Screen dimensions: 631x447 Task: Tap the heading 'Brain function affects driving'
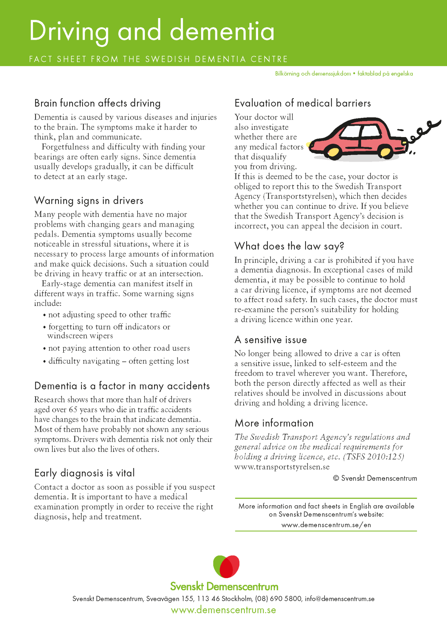click(97, 103)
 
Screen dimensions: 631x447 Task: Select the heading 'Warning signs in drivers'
click(89, 200)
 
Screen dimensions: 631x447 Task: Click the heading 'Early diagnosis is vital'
click(85, 473)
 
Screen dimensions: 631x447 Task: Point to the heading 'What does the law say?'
click(289, 246)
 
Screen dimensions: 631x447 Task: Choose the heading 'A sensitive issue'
click(271, 340)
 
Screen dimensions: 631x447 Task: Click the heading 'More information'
click(274, 423)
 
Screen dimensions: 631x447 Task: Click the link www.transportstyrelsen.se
click(282, 467)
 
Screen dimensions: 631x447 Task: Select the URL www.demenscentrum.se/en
click(326, 525)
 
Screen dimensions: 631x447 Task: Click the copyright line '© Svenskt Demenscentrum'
click(375, 479)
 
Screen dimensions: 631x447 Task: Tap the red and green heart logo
click(226, 566)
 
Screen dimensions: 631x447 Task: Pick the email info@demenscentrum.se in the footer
click(339, 599)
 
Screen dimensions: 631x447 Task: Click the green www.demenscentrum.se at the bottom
click(223, 610)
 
